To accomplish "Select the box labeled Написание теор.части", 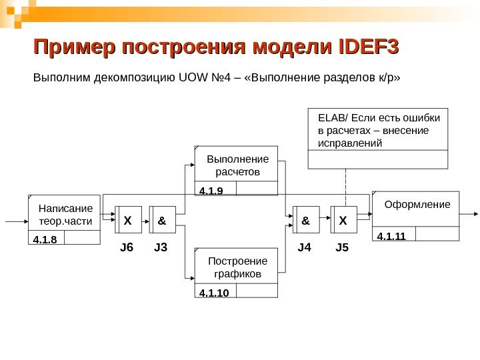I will pos(65,213).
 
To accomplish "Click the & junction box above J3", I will pos(162,219).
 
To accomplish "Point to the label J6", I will pos(127,248).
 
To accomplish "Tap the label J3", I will pos(161,248).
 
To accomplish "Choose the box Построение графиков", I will pos(237,267).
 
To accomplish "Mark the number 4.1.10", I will pos(214,292).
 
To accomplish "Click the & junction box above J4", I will pos(305,219).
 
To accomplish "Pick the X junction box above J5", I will pos(343,219).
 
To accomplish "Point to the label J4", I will pos(305,248).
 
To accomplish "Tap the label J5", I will pos(342,248).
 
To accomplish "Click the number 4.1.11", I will pos(391,235).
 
